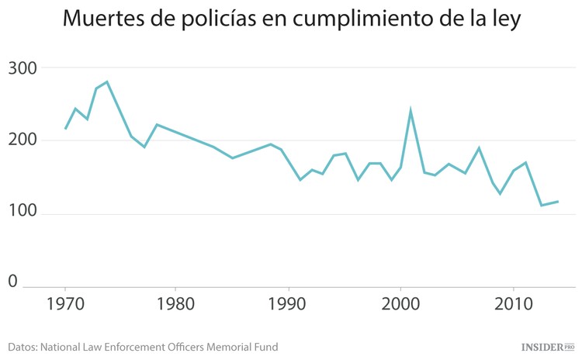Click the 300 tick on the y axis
click(x=23, y=68)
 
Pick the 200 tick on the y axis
click(x=23, y=140)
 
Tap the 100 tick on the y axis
click(x=23, y=214)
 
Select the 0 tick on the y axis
click(x=13, y=282)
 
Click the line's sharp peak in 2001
click(x=411, y=111)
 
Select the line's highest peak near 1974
click(x=106, y=81)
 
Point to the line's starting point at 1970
click(x=65, y=129)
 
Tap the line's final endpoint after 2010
click(x=558, y=202)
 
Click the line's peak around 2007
click(x=479, y=147)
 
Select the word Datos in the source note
click(x=22, y=347)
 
